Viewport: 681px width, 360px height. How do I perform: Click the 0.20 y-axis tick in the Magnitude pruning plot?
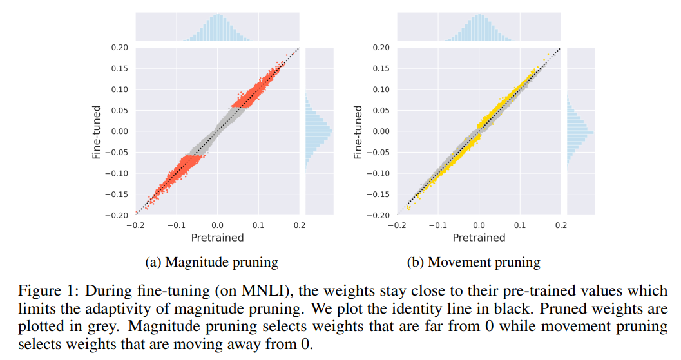(x=120, y=48)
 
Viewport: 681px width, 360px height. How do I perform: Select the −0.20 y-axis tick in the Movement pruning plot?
(x=379, y=216)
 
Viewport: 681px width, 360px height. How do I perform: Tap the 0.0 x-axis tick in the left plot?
(x=217, y=225)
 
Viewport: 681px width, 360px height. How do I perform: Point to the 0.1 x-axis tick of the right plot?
(x=520, y=225)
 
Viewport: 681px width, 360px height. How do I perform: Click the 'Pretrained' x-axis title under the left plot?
(x=217, y=238)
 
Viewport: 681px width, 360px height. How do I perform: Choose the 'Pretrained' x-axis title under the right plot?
(x=479, y=238)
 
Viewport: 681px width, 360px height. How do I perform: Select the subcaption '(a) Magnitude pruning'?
(x=213, y=262)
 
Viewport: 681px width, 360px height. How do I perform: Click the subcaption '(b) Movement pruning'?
(x=474, y=262)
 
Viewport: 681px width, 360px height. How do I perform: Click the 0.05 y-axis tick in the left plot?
(x=120, y=111)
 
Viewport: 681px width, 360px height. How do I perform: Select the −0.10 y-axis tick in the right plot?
(x=379, y=174)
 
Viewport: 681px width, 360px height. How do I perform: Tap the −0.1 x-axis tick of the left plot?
(x=176, y=225)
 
